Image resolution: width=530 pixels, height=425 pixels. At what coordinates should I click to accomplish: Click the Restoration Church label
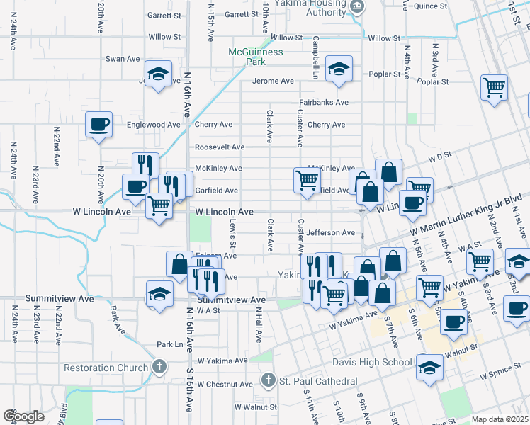106,368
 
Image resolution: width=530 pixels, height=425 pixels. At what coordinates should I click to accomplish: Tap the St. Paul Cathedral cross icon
268,381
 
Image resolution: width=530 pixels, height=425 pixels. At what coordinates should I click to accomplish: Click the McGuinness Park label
256,57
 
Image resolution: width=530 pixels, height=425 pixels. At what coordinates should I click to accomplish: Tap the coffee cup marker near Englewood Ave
99,125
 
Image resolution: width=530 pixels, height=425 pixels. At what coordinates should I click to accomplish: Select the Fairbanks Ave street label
323,103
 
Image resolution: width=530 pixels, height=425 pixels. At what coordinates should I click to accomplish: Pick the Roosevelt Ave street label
220,147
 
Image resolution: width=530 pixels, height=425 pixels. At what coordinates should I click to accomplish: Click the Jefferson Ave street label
330,233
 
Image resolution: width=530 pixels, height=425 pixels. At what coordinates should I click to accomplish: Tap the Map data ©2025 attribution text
500,419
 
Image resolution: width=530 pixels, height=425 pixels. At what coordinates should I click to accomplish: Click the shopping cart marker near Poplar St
494,88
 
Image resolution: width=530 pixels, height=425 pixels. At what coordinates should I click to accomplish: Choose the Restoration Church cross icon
159,367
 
